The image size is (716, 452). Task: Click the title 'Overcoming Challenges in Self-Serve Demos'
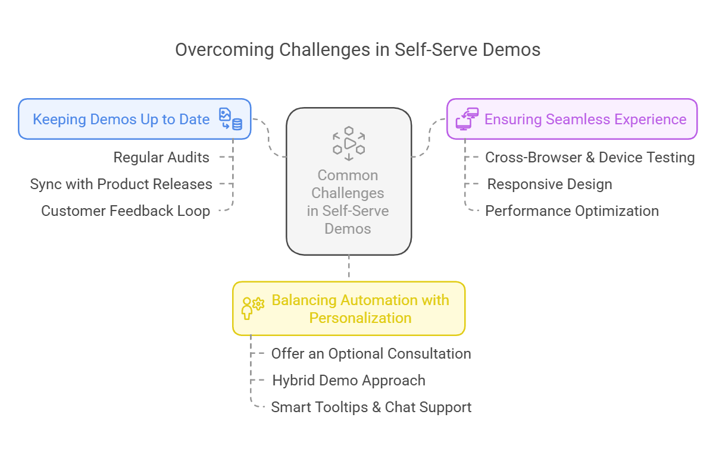pyautogui.click(x=358, y=49)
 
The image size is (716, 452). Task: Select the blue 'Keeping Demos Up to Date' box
pyautogui.click(x=135, y=119)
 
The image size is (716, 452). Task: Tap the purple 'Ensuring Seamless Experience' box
pyautogui.click(x=571, y=119)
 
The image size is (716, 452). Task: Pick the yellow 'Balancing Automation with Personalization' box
pyautogui.click(x=349, y=309)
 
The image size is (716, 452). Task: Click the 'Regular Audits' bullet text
pyautogui.click(x=161, y=158)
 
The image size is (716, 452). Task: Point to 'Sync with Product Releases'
pyautogui.click(x=121, y=184)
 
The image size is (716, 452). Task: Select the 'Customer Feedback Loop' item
pyautogui.click(x=126, y=211)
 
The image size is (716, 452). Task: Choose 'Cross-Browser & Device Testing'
pyautogui.click(x=590, y=158)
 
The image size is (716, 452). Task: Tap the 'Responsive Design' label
pyautogui.click(x=549, y=184)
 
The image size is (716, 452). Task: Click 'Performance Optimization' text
pyautogui.click(x=572, y=211)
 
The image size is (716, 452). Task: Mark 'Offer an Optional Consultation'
pyautogui.click(x=371, y=354)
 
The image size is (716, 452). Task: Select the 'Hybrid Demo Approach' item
pyautogui.click(x=349, y=381)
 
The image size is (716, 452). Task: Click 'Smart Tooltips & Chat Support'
pyautogui.click(x=371, y=407)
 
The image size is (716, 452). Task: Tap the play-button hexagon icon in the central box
pyautogui.click(x=349, y=143)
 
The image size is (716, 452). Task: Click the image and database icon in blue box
pyautogui.click(x=230, y=119)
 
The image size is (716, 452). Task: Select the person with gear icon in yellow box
pyautogui.click(x=252, y=309)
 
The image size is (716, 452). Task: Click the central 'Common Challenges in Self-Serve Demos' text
pyautogui.click(x=348, y=202)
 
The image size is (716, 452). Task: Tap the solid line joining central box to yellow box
pyautogui.click(x=349, y=268)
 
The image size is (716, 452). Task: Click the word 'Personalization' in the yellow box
pyautogui.click(x=360, y=318)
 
